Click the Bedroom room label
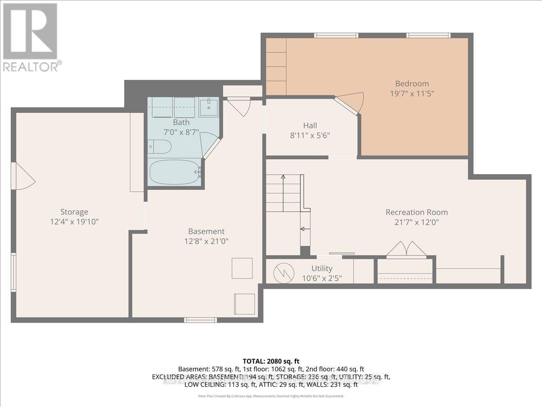412,84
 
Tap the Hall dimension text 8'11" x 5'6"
310,135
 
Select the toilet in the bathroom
159,147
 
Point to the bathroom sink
209,107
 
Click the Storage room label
74,212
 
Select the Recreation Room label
416,212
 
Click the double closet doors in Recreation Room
406,250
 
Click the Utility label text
322,269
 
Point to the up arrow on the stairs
283,178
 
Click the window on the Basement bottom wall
200,320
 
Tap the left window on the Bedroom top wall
336,35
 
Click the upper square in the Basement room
242,268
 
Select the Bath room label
181,122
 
